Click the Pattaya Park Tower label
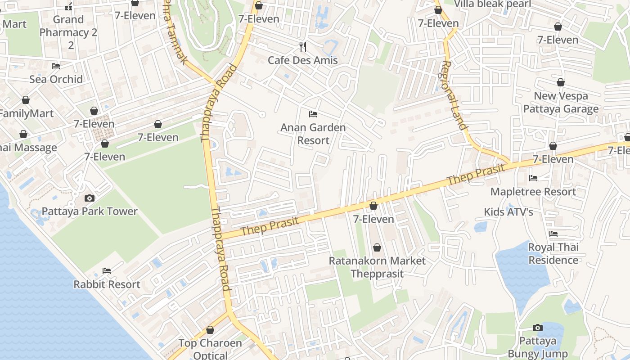90,211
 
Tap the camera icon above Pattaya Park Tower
90,198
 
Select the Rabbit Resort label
107,284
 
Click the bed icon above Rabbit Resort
107,271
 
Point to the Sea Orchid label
56,79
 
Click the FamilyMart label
27,113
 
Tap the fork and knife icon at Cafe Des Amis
303,46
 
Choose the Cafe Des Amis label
303,60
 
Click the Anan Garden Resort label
313,134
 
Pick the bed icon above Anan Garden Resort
313,114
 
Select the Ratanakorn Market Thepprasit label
377,267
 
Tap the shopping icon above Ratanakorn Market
377,247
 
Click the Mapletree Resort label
533,192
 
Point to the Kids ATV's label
508,212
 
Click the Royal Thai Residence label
553,254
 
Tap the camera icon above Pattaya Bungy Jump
537,328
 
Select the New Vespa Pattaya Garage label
561,103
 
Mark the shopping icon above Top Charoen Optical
210,330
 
